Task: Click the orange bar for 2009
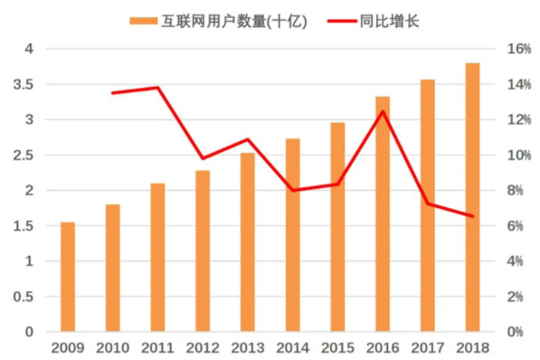tap(68, 277)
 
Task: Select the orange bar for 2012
tap(203, 251)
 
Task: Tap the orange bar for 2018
tap(472, 197)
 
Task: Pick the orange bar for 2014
tap(293, 235)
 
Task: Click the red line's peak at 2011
tap(157, 88)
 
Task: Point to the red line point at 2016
tap(383, 111)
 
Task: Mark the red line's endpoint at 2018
tap(472, 216)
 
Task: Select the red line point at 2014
tap(293, 190)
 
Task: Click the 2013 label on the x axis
tap(248, 348)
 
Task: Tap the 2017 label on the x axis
tap(427, 348)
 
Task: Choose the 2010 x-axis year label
tap(113, 348)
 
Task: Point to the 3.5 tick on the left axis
tap(24, 84)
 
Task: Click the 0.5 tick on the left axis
tap(24, 297)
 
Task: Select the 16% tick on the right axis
tap(519, 49)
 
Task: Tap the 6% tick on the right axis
tap(516, 226)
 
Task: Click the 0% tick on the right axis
tap(516, 332)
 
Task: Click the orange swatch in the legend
tap(143, 22)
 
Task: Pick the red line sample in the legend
tap(342, 22)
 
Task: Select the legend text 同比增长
tap(389, 22)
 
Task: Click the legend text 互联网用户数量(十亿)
tap(234, 22)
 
